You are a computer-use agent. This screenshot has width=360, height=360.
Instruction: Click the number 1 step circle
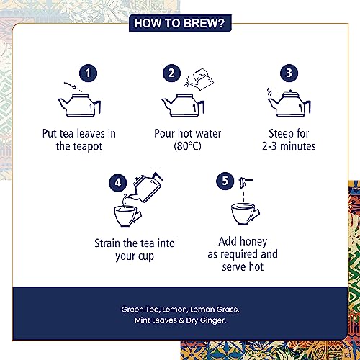pyautogui.click(x=88, y=73)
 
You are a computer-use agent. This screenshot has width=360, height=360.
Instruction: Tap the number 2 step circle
pyautogui.click(x=171, y=73)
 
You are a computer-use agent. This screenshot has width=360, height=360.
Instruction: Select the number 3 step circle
pyautogui.click(x=289, y=73)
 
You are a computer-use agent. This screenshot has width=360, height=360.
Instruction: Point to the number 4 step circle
pyautogui.click(x=118, y=183)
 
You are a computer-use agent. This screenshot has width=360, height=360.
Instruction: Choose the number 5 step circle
pyautogui.click(x=225, y=181)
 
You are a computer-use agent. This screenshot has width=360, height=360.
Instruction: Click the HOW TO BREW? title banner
pyautogui.click(x=180, y=23)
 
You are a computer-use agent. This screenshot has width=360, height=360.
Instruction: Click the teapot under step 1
pyautogui.click(x=79, y=105)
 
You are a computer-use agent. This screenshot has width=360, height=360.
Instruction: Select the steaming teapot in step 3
pyautogui.click(x=289, y=104)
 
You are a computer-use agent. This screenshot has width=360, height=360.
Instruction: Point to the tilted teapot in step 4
pyautogui.click(x=146, y=188)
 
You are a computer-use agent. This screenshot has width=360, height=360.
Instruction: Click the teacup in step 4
pyautogui.click(x=127, y=216)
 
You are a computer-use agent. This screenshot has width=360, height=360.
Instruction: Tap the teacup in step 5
pyautogui.click(x=245, y=215)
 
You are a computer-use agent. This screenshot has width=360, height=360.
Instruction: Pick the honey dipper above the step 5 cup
pyautogui.click(x=245, y=183)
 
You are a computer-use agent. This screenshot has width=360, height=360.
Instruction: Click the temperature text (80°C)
pyautogui.click(x=187, y=146)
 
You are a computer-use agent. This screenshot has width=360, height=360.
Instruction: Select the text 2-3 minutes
pyautogui.click(x=289, y=146)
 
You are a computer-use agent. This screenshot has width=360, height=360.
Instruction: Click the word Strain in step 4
pyautogui.click(x=107, y=243)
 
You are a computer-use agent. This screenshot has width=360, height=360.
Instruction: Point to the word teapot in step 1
pyautogui.click(x=88, y=146)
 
